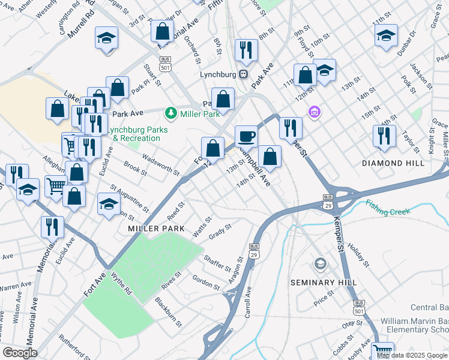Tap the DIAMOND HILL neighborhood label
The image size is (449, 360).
tap(393, 163)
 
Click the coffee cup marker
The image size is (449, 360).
tap(246, 136)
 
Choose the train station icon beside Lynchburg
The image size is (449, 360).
tap(243, 74)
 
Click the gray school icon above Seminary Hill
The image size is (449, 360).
tap(321, 264)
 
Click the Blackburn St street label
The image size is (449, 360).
tap(168, 311)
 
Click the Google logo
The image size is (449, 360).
tap(19, 353)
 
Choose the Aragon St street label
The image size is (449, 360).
tap(235, 272)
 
